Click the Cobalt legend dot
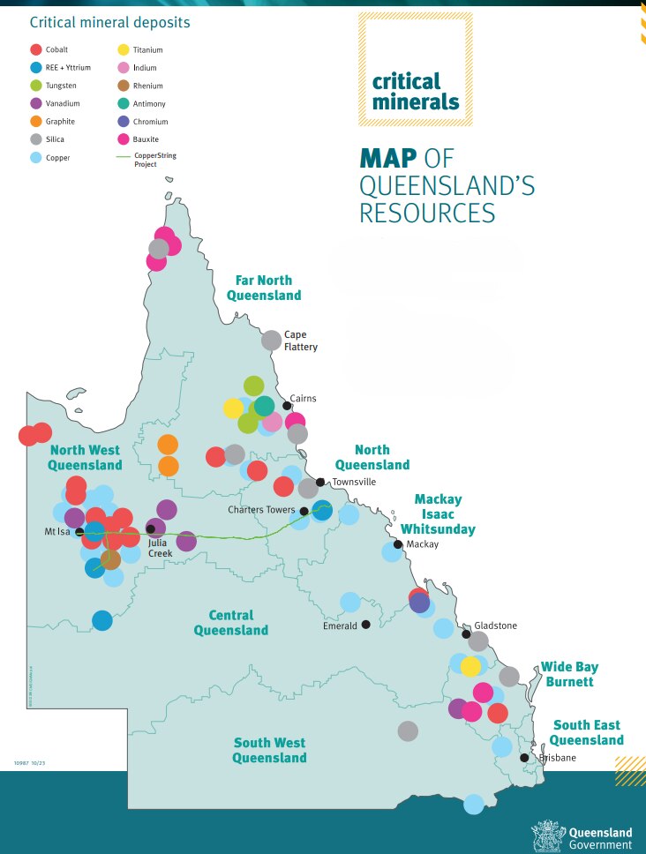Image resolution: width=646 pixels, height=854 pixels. pyautogui.click(x=35, y=50)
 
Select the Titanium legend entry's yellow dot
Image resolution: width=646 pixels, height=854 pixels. pyautogui.click(x=124, y=50)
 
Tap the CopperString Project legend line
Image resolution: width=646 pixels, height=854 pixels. pyautogui.click(x=124, y=157)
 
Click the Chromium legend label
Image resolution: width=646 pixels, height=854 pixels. pyautogui.click(x=150, y=122)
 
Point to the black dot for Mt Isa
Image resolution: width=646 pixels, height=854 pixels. pyautogui.click(x=80, y=532)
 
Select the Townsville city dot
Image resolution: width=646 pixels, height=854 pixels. pyautogui.click(x=321, y=482)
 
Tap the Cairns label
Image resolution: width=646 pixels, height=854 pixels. pyautogui.click(x=303, y=399)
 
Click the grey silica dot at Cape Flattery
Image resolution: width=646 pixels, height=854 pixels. pyautogui.click(x=272, y=340)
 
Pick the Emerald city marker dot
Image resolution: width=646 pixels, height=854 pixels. pyautogui.click(x=365, y=625)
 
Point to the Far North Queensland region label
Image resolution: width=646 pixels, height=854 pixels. pyautogui.click(x=263, y=288)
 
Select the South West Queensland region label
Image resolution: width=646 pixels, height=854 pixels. pyautogui.click(x=269, y=750)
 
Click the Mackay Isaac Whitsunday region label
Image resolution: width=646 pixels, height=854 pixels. pyautogui.click(x=438, y=514)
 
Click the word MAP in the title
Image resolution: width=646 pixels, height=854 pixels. pyautogui.click(x=388, y=159)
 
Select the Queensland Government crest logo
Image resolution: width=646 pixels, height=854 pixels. pyautogui.click(x=547, y=835)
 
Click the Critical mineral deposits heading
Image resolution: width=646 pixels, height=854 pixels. pyautogui.click(x=109, y=21)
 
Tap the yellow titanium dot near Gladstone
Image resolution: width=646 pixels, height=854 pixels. pyautogui.click(x=470, y=666)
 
